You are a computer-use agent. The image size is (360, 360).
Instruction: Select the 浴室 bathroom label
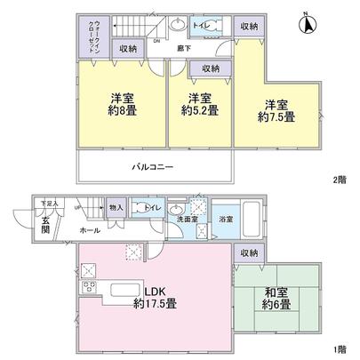point(225,220)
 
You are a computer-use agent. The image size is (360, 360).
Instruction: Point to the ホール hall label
point(90,229)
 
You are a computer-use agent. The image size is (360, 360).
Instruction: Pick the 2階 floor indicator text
point(339,180)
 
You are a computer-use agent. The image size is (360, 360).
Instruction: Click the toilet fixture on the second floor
point(212,27)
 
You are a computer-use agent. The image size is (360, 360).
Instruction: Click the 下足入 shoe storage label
point(48,204)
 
